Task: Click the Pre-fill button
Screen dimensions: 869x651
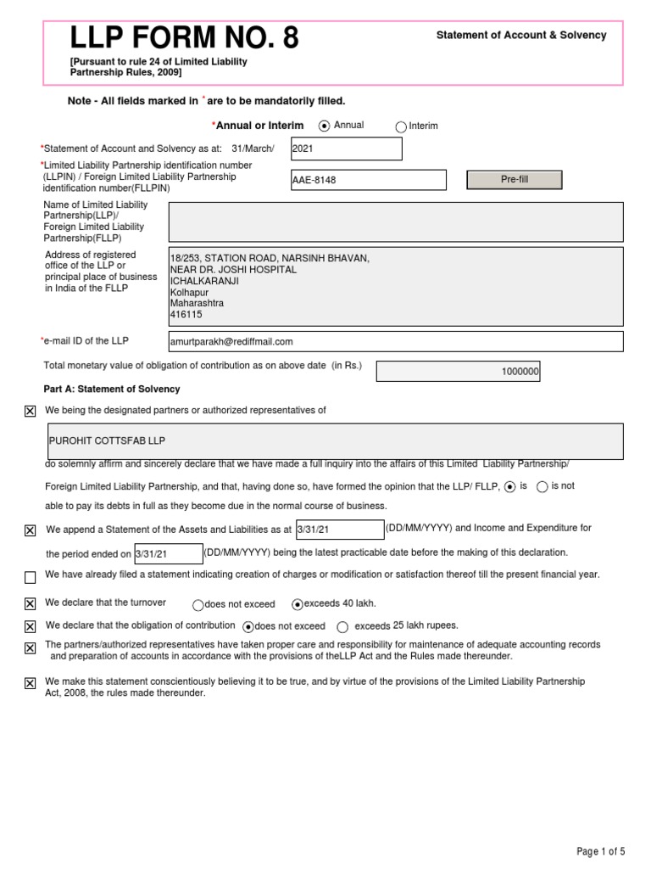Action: (x=514, y=180)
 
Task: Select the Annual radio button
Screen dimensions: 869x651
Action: (x=324, y=126)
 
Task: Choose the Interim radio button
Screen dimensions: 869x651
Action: (x=401, y=127)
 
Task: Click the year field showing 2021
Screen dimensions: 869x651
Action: (x=346, y=149)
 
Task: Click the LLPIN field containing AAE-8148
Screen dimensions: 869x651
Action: (x=368, y=180)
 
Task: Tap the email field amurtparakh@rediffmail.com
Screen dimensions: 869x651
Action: (x=396, y=341)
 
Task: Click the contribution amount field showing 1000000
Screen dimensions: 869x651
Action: (x=458, y=372)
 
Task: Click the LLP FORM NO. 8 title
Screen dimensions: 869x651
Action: (x=184, y=38)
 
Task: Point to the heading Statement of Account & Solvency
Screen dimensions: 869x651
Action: (x=520, y=36)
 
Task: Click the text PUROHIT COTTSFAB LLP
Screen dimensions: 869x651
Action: (x=108, y=441)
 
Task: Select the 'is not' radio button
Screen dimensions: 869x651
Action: (x=542, y=486)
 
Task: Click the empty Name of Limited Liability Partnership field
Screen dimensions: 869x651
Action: (x=396, y=221)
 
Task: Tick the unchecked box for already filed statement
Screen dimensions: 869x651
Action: (x=31, y=578)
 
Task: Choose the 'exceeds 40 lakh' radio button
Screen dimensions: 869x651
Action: (x=297, y=605)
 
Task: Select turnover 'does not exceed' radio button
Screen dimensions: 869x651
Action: (x=198, y=605)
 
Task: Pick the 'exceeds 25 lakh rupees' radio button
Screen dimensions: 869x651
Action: (x=342, y=627)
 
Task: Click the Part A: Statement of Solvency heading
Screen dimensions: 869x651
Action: (x=112, y=389)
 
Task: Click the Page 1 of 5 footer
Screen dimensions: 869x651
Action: (x=601, y=851)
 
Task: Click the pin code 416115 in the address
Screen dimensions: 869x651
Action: (x=186, y=314)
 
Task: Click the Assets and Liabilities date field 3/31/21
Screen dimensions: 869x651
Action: (x=339, y=530)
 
